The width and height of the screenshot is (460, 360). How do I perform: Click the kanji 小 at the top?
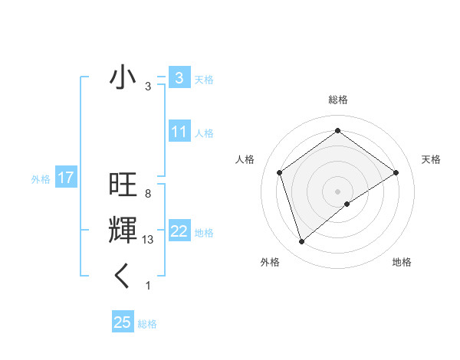click(123, 77)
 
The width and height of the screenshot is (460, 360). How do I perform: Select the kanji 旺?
click(123, 186)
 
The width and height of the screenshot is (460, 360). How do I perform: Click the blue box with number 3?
click(179, 77)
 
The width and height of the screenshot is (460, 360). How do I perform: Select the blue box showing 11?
click(179, 132)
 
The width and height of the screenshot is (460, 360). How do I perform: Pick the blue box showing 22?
click(179, 231)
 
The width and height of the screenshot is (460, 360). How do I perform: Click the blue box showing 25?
click(123, 322)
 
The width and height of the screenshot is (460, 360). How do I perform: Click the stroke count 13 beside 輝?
click(149, 240)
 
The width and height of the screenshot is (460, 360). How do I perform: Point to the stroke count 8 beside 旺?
click(147, 194)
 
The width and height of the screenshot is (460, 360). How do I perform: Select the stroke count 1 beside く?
click(148, 286)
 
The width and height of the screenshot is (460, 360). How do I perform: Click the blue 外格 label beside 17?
click(41, 179)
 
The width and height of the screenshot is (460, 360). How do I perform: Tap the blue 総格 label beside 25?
click(147, 324)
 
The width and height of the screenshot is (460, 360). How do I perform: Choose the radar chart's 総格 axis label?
click(337, 100)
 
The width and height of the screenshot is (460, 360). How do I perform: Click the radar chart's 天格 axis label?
click(431, 159)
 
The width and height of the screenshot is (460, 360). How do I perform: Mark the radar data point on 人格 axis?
click(280, 172)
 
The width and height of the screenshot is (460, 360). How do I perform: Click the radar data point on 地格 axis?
click(347, 204)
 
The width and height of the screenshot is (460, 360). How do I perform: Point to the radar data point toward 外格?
click(301, 242)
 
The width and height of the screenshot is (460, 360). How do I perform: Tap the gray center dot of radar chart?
click(337, 191)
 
